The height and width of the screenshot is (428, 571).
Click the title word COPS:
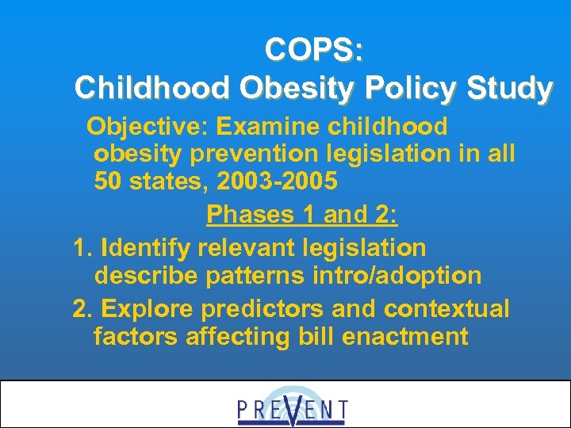pos(315,50)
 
